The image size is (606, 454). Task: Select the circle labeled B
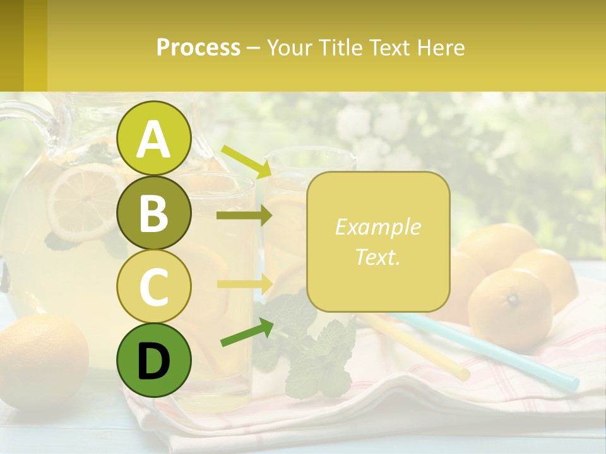point(154,212)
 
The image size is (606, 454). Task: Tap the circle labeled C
point(154,286)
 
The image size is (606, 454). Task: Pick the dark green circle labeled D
point(154,360)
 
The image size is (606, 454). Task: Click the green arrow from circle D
point(247,334)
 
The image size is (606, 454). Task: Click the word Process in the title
point(198,48)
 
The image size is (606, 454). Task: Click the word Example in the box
point(377,227)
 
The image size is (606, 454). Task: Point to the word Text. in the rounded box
point(377,257)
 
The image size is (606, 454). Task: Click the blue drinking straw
point(505,353)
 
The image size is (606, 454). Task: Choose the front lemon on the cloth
point(510,309)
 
